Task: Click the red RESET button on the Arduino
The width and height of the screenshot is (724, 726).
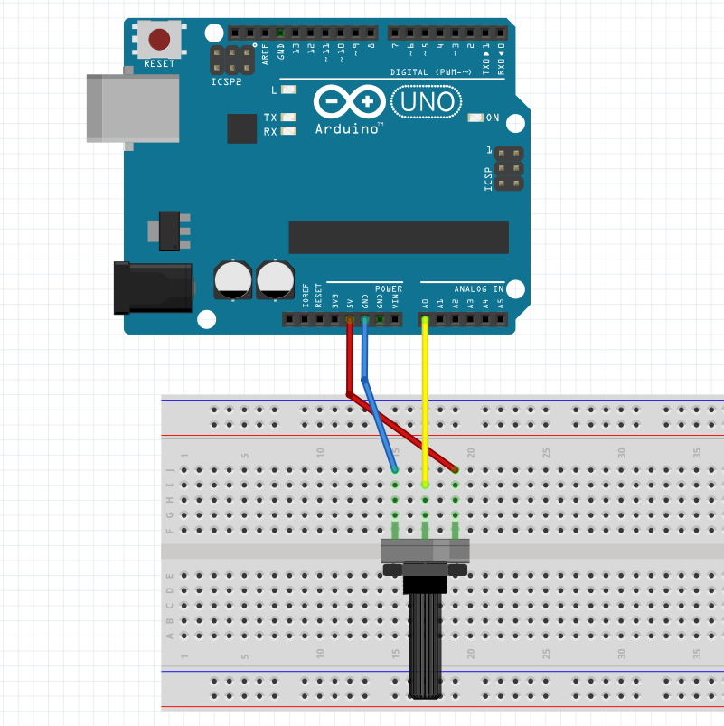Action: point(159,39)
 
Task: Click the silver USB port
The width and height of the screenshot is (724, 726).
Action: point(132,107)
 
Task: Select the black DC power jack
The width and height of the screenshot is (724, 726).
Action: point(153,288)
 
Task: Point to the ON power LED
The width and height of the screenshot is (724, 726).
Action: point(476,118)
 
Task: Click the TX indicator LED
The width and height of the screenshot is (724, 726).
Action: point(288,118)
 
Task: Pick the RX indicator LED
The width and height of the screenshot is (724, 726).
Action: point(288,131)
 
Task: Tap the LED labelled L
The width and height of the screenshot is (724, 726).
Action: point(288,90)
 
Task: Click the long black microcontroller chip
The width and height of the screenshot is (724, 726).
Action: point(399,236)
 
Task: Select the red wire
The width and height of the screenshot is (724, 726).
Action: point(349,362)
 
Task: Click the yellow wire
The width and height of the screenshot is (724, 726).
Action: point(425,398)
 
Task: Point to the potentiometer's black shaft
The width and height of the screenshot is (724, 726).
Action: point(426,642)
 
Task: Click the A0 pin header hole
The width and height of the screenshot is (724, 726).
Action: point(425,319)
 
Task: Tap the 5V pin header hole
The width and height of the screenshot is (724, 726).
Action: point(350,319)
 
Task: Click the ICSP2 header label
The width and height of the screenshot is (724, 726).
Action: point(226,81)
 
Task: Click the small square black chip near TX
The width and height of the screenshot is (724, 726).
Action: point(242,128)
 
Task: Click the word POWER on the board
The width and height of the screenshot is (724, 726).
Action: point(389,289)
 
